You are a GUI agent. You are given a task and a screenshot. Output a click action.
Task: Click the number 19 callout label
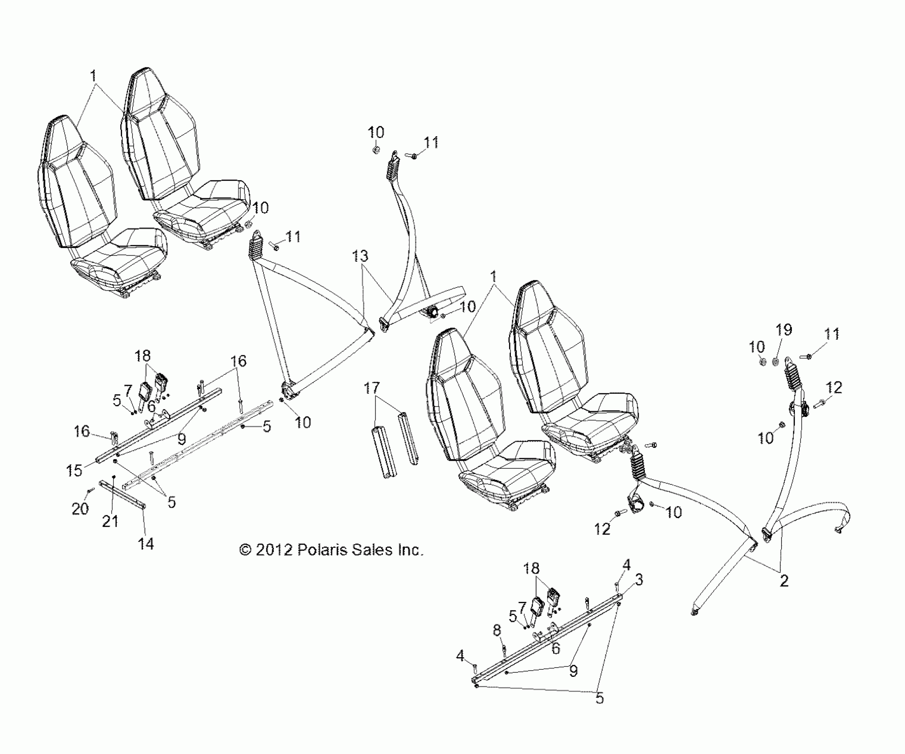pyautogui.click(x=783, y=330)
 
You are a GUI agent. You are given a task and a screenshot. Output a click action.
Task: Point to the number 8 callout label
pyautogui.click(x=497, y=630)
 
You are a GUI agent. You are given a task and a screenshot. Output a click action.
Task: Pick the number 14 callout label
pyautogui.click(x=146, y=543)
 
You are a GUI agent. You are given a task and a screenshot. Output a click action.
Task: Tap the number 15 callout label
pyautogui.click(x=75, y=471)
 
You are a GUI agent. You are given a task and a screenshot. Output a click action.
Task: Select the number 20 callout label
pyautogui.click(x=80, y=509)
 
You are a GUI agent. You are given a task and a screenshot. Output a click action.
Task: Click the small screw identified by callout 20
pyautogui.click(x=91, y=491)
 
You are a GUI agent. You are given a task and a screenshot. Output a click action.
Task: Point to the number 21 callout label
pyautogui.click(x=110, y=521)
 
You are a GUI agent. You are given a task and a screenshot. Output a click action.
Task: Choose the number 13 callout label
pyautogui.click(x=360, y=256)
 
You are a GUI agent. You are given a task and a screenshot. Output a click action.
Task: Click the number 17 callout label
pyautogui.click(x=371, y=389)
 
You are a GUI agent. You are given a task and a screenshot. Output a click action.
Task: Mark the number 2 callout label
pyautogui.click(x=784, y=580)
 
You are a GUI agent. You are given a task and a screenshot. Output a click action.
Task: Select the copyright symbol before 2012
pyautogui.click(x=245, y=550)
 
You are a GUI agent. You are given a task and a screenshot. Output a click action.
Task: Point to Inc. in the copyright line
pyautogui.click(x=409, y=550)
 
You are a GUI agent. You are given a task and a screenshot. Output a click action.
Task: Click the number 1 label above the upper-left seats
pyautogui.click(x=93, y=76)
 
